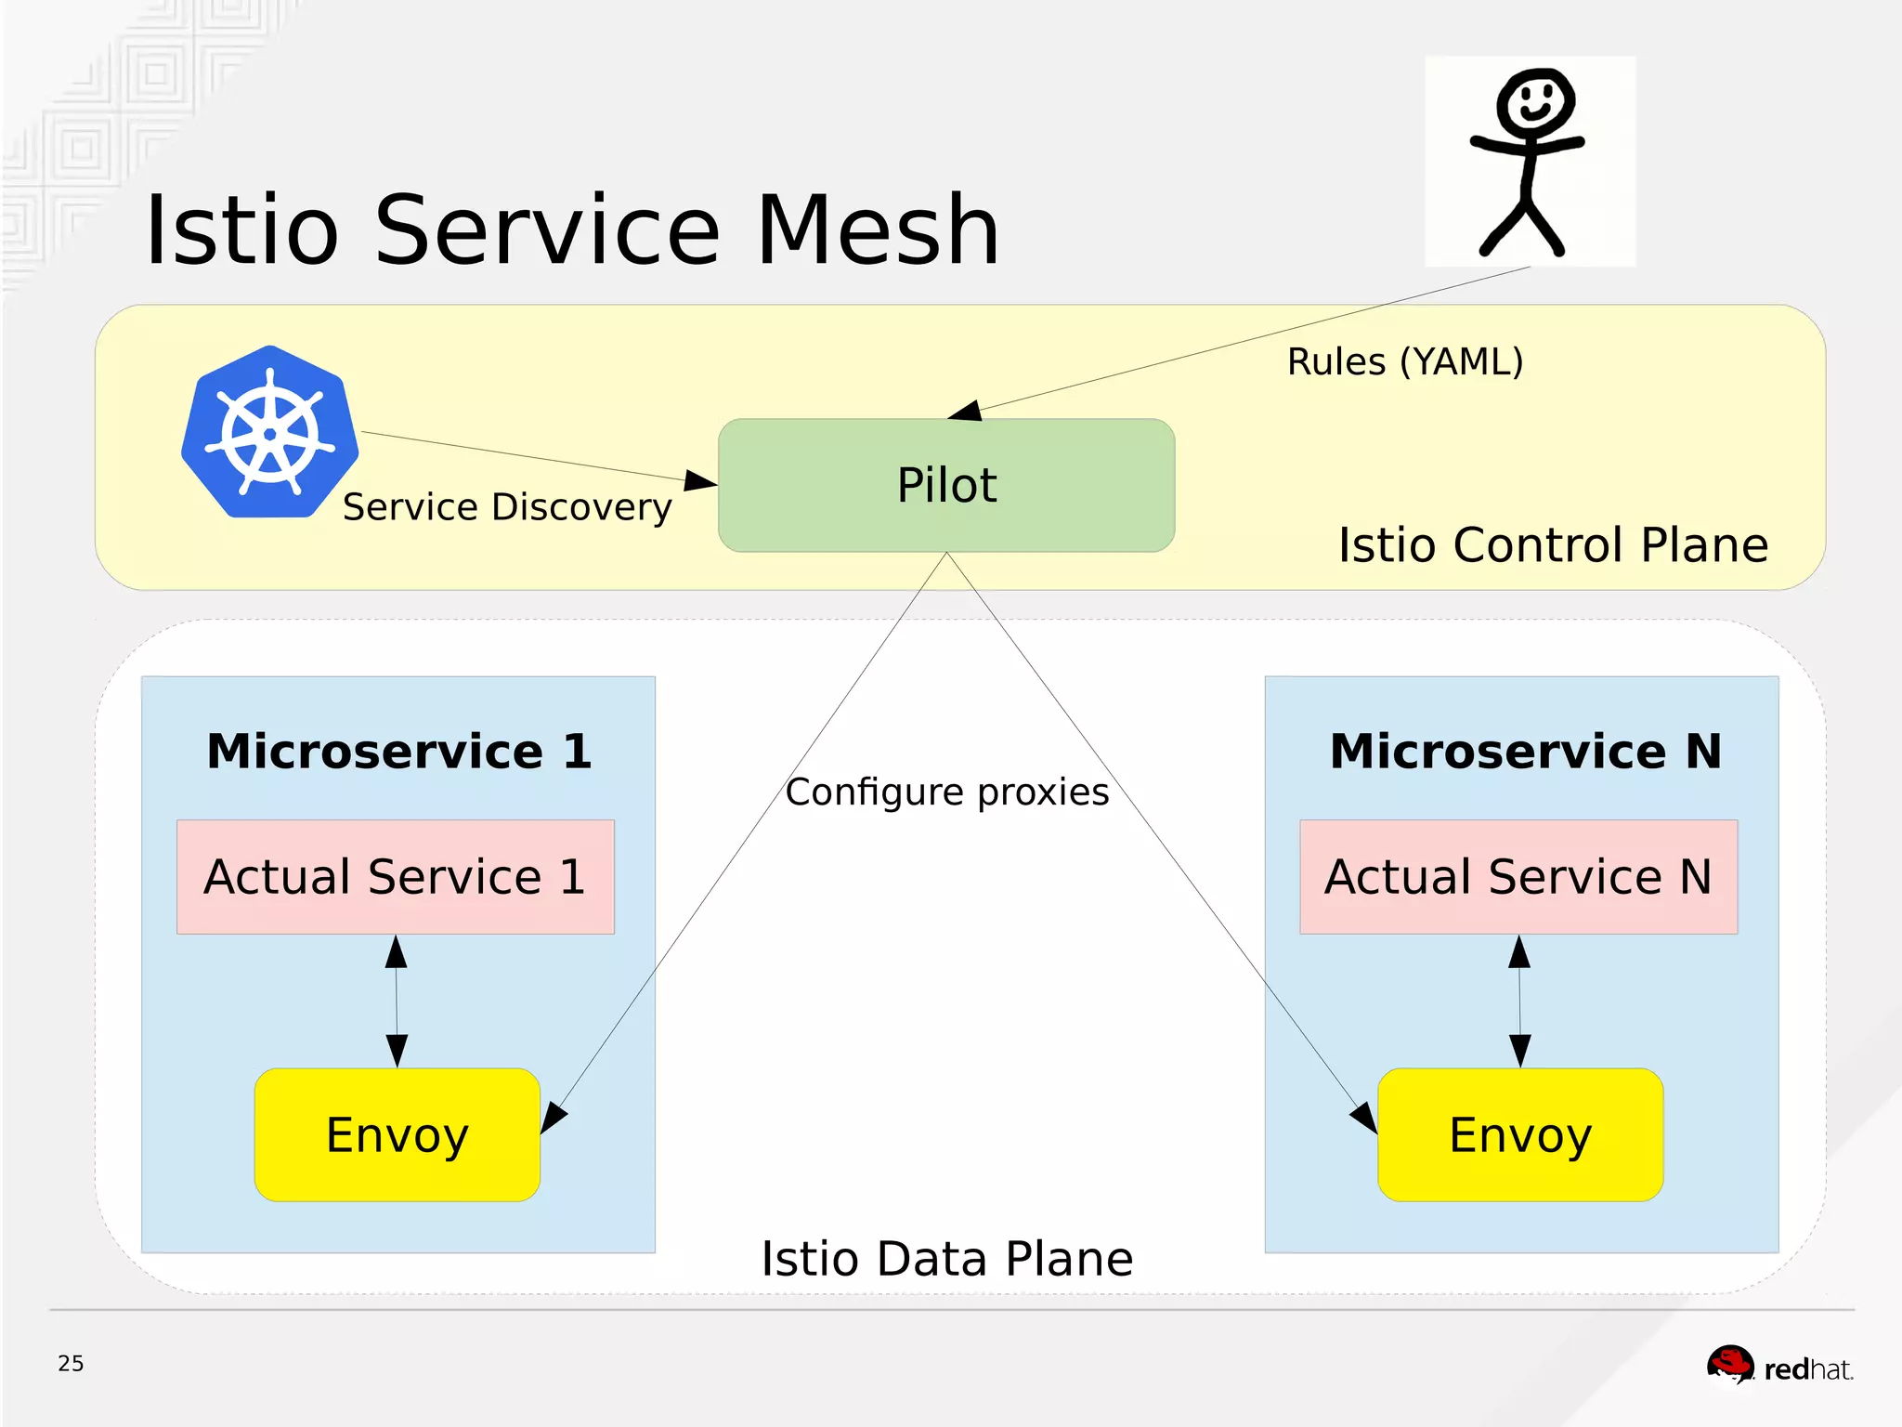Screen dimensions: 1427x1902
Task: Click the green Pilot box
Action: coord(946,485)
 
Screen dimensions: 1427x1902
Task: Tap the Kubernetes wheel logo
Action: coord(270,433)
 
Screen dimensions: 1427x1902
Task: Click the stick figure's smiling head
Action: coord(1534,100)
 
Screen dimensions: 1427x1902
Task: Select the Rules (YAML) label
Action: coord(1404,361)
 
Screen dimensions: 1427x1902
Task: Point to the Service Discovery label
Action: coord(507,507)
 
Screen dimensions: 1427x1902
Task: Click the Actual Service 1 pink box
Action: coord(396,876)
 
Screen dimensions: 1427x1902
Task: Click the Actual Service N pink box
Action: coord(1518,876)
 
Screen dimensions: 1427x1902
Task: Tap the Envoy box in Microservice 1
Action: coord(397,1134)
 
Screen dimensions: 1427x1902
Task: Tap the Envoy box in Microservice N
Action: coord(1520,1134)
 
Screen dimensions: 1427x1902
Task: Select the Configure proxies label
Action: coord(946,792)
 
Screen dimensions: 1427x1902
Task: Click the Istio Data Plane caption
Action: coord(946,1259)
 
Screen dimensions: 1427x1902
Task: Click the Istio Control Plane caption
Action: coord(1553,544)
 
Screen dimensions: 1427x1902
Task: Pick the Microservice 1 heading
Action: coord(398,751)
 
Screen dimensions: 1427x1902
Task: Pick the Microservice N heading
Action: coord(1525,751)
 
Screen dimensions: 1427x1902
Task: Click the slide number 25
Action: coord(71,1363)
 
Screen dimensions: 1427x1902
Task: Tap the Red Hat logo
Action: coord(1778,1367)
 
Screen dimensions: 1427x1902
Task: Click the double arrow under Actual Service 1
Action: coord(397,1001)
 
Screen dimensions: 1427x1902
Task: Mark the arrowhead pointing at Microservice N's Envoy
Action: coord(1364,1118)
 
